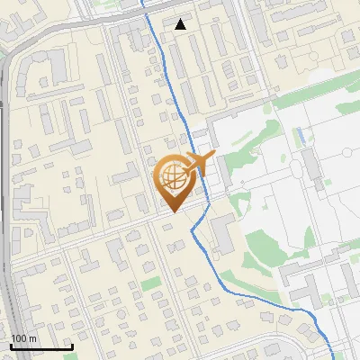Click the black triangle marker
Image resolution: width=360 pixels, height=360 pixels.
pyautogui.click(x=181, y=24)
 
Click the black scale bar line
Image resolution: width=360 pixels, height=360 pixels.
pyautogui.click(x=41, y=346)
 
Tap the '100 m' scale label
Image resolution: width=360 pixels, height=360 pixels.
pyautogui.click(x=23, y=338)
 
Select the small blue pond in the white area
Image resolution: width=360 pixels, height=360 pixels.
pyautogui.click(x=301, y=138)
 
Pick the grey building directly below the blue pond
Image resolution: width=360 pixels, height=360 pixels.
pyautogui.click(x=310, y=166)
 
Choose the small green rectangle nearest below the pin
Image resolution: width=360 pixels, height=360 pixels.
pyautogui.click(x=150, y=283)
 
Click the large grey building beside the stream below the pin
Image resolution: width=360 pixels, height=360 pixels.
pyautogui.click(x=222, y=234)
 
